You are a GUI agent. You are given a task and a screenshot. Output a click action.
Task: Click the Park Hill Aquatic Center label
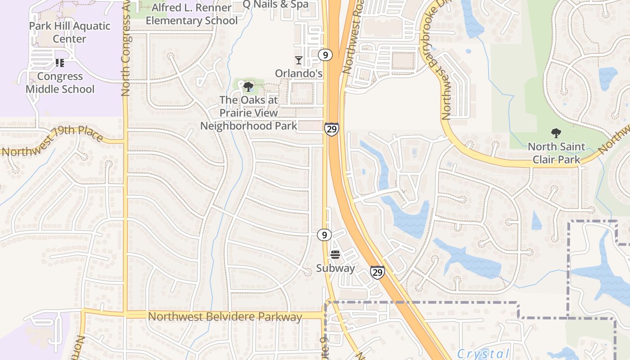[x=69, y=32]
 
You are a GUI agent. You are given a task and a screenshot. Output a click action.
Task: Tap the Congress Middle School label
[x=60, y=83]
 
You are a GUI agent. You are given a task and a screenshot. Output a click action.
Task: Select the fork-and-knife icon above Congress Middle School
[x=60, y=63]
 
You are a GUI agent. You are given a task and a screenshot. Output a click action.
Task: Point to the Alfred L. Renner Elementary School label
[x=192, y=14]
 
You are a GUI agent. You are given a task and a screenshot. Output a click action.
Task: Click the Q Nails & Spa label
[x=275, y=4]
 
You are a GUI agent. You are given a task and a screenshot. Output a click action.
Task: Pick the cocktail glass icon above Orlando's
[x=298, y=60]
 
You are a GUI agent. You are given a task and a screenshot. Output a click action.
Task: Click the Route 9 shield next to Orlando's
[x=325, y=55]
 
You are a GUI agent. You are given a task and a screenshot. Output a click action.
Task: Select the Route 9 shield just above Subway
[x=324, y=234]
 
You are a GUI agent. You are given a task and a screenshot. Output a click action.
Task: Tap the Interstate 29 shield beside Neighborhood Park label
[x=332, y=130]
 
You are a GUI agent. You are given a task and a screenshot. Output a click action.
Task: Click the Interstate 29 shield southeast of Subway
[x=378, y=272]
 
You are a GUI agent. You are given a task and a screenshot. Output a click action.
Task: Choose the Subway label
[x=335, y=268]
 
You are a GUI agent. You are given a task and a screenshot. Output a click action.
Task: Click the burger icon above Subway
[x=335, y=255]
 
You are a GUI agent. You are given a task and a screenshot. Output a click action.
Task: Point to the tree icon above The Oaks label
[x=248, y=87]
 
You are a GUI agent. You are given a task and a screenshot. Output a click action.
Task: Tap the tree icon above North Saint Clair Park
[x=556, y=133]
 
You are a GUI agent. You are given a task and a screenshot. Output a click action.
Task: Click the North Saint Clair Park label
[x=556, y=153]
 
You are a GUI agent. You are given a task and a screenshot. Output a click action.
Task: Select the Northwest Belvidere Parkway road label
[x=225, y=317]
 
